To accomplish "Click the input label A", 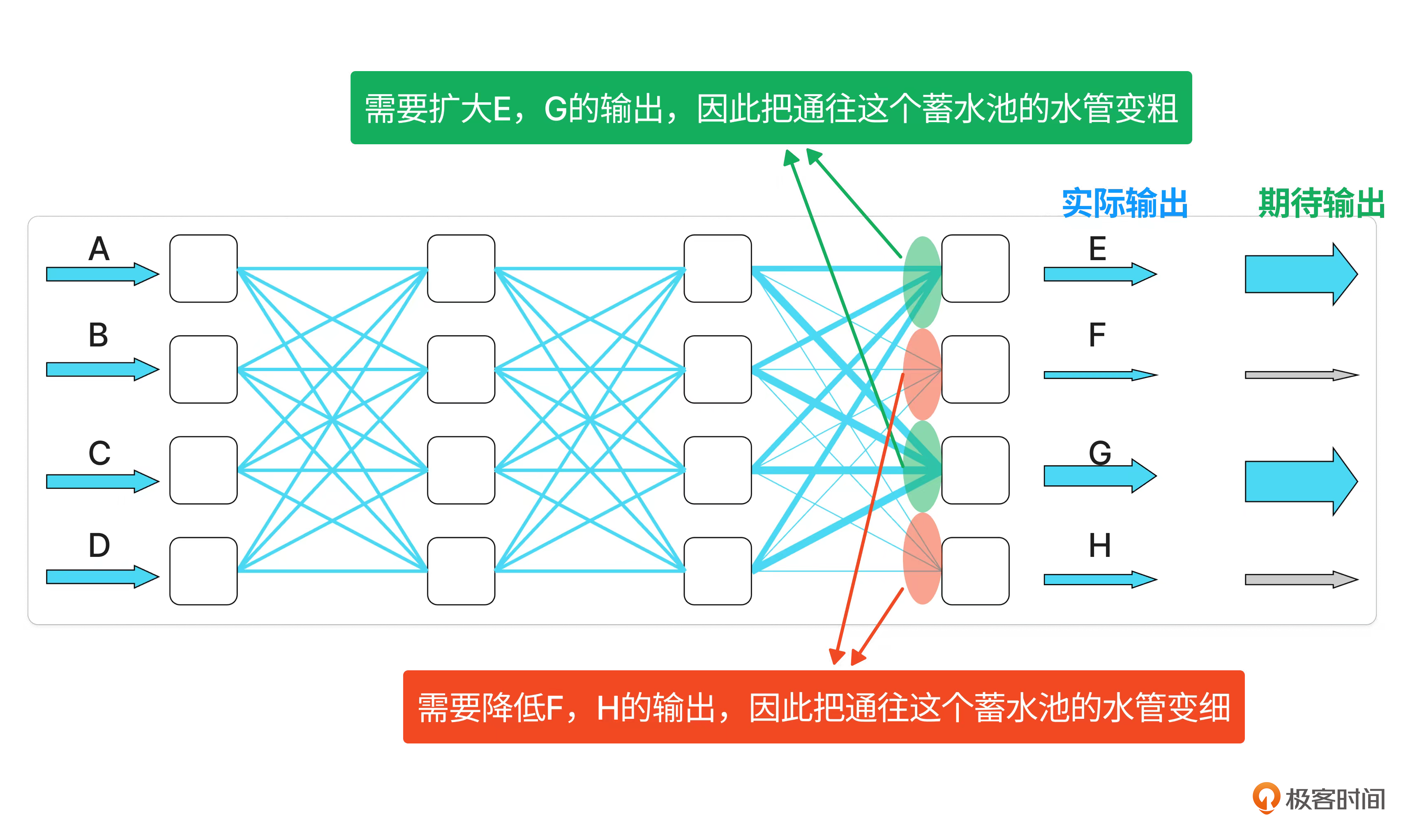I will [x=99, y=249].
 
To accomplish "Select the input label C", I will [x=99, y=453].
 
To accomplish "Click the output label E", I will [x=1097, y=249].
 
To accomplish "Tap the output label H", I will [x=1099, y=545].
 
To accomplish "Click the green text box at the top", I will [x=771, y=108].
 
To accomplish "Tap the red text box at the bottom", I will [x=824, y=707].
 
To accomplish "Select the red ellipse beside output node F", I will [x=921, y=374].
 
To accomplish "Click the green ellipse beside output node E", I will [x=921, y=282].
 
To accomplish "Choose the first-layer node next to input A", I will [x=203, y=269].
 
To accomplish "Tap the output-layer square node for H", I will [x=975, y=571].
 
